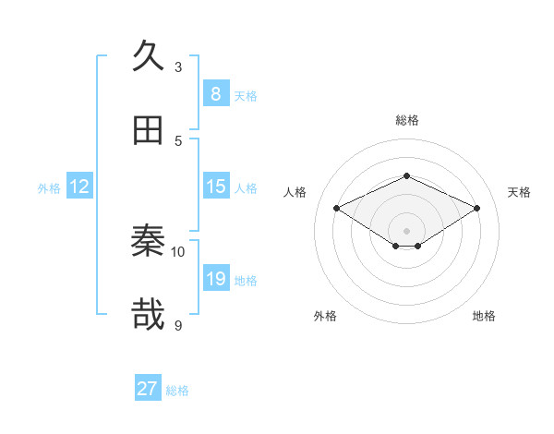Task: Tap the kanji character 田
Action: tap(149, 130)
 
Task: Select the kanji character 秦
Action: tap(149, 241)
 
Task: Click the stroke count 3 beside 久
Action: tap(178, 66)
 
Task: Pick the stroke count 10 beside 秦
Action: tap(178, 251)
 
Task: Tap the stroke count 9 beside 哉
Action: tap(178, 325)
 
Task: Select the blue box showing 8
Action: tap(215, 93)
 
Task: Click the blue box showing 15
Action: tap(215, 186)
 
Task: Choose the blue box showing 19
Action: tap(215, 278)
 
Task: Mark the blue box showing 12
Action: tap(78, 187)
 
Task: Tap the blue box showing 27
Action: tap(148, 389)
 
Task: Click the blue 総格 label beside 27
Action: tap(177, 391)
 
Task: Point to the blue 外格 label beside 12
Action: tap(49, 188)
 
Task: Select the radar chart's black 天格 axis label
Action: tap(519, 192)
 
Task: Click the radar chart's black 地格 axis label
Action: tap(484, 316)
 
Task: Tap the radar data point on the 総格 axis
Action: tap(406, 175)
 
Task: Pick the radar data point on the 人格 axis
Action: tap(336, 208)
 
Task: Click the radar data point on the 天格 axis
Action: tap(476, 208)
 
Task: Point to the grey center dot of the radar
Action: tap(406, 230)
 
